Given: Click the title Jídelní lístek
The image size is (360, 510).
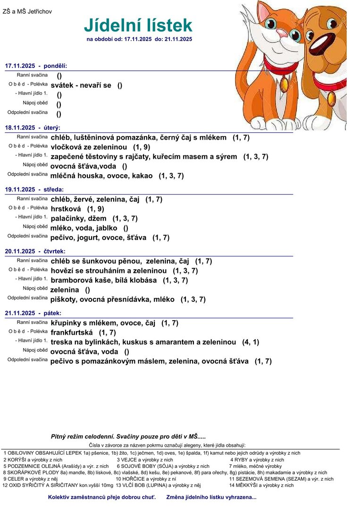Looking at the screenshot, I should pos(138,25).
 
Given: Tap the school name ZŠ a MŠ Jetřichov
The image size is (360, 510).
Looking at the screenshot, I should pos(27,11).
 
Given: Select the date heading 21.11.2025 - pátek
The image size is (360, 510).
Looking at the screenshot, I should pos(33,313).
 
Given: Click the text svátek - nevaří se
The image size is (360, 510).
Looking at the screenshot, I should pos(81,85).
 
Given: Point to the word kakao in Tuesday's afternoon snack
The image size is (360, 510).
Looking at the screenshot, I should pos(142,176).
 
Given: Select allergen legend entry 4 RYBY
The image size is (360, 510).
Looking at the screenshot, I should pos(257,459).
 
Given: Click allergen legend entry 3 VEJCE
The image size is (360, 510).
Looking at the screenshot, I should pos(145,459).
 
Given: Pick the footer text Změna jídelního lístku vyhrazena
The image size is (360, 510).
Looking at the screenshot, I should pos(211,497).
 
